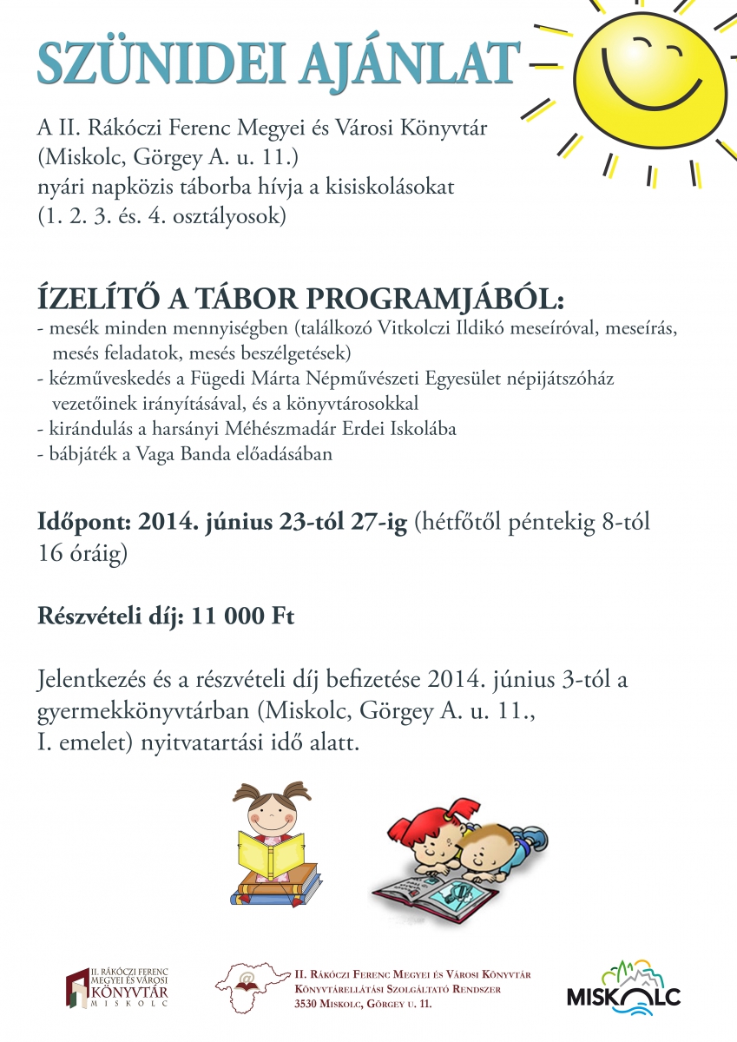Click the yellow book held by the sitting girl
coord(270,854)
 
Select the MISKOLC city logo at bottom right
coord(623,988)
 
